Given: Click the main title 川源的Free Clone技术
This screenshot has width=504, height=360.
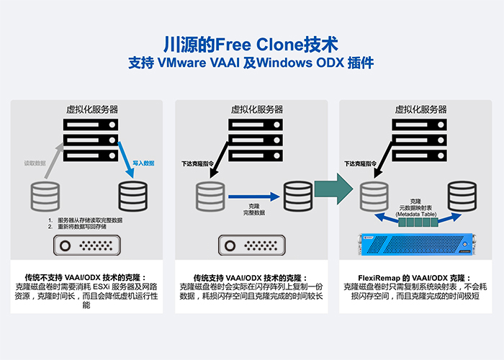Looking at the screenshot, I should pos(251,42).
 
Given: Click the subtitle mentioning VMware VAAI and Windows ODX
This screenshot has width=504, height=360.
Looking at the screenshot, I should pos(251,63).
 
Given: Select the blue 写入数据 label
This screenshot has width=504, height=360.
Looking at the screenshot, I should pos(143,163).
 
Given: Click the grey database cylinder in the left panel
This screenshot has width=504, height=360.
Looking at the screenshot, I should pos(45,196).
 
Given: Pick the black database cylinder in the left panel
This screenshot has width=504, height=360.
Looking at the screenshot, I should pos(133,196).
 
